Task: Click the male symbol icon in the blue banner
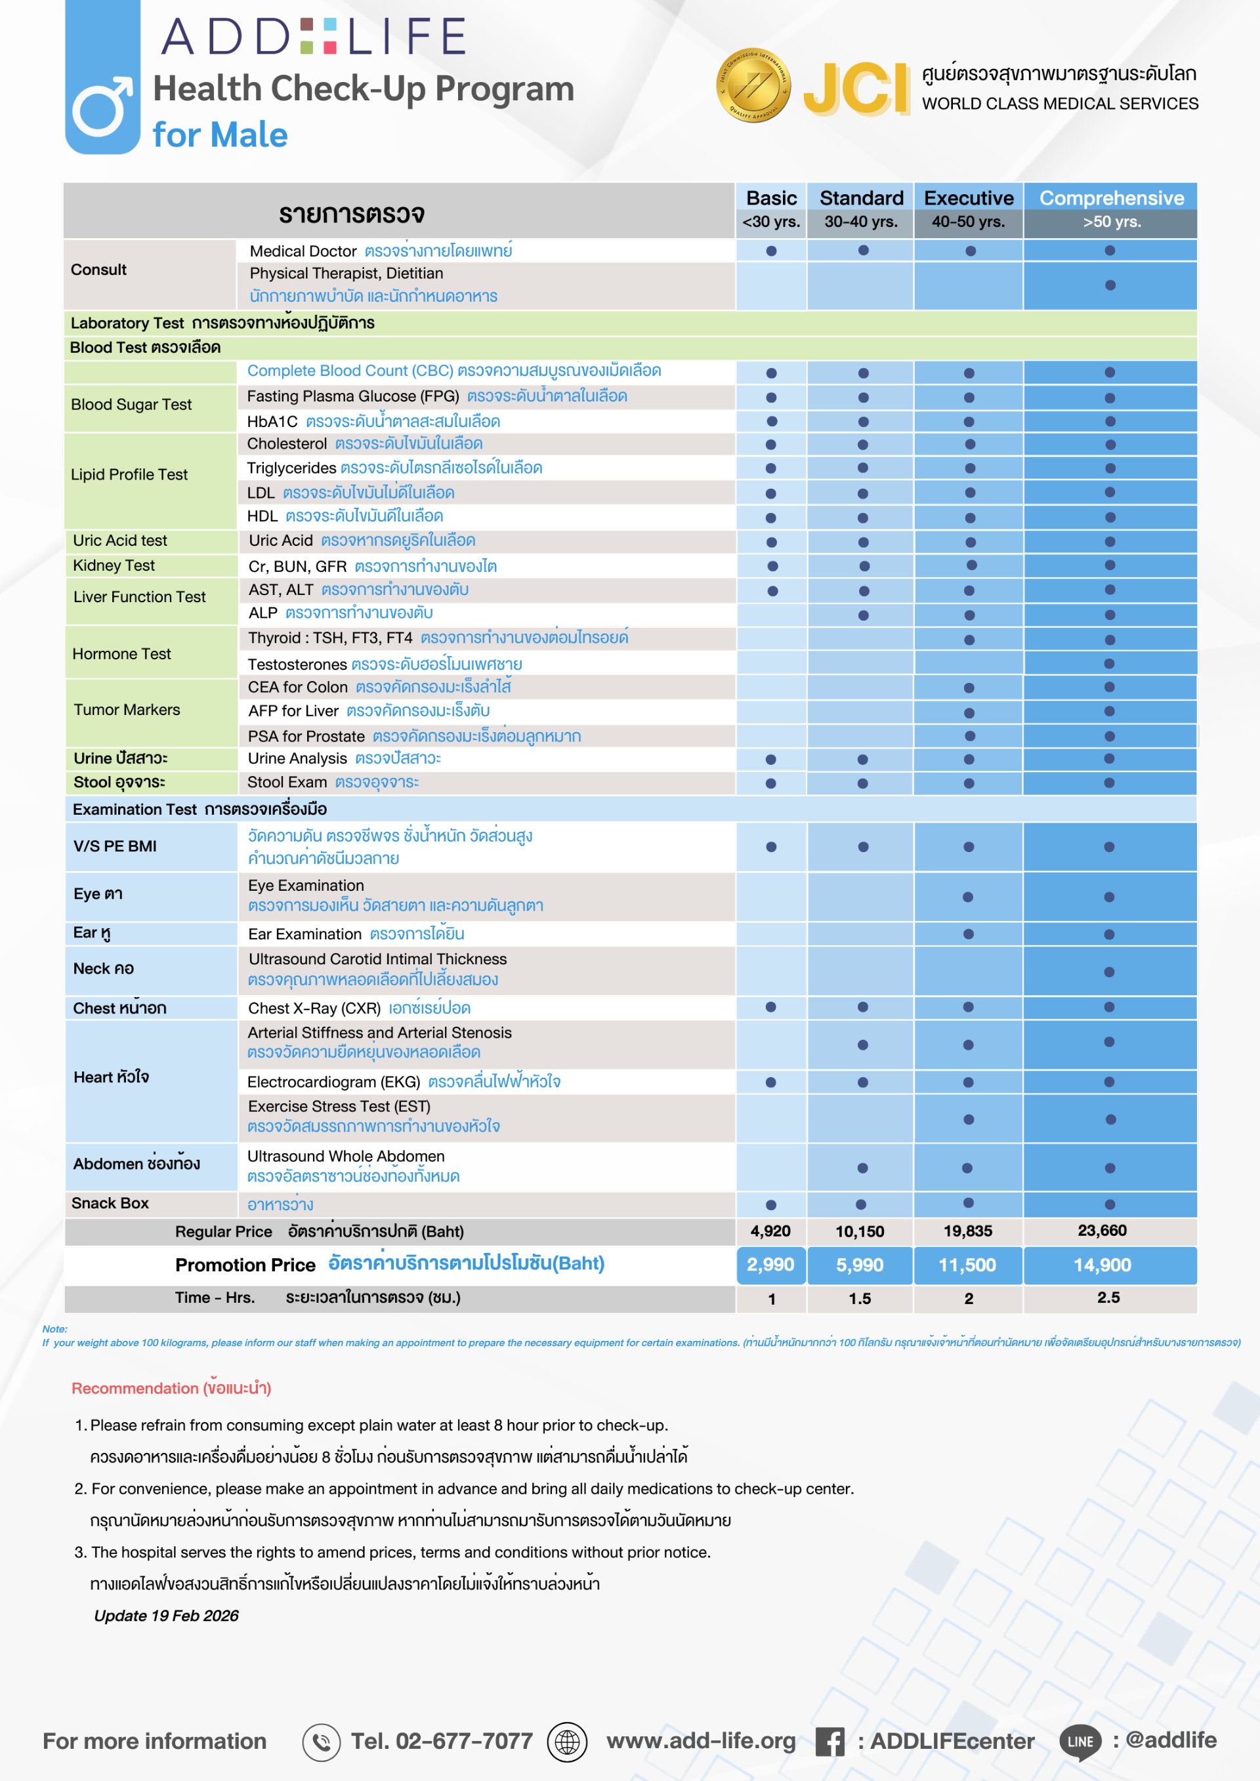[x=102, y=106]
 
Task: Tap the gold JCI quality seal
[x=753, y=85]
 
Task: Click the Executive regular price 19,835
[x=967, y=1231]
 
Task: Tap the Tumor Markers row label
[x=127, y=710]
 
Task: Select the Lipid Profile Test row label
[x=129, y=475]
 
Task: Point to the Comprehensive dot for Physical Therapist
[x=1110, y=285]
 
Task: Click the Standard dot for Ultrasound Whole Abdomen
[x=862, y=1168]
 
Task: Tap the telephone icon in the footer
[x=321, y=1742]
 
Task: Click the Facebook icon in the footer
[x=829, y=1742]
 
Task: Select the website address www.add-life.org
[x=701, y=1741]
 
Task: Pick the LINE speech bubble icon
[x=1080, y=1742]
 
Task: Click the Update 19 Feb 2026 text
[x=166, y=1615]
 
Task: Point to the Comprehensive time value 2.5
[x=1108, y=1297]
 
